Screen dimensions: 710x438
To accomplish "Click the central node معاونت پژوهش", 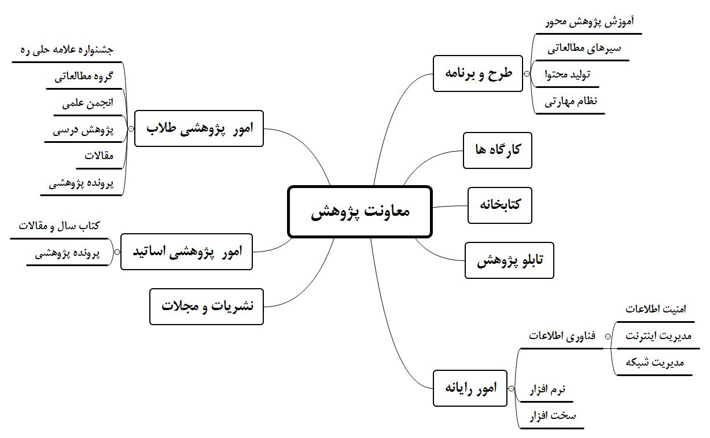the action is coord(360,212).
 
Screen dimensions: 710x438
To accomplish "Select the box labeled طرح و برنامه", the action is coord(477,74).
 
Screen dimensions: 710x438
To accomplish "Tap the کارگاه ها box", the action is coord(497,150).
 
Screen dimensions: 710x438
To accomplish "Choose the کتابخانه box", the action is coord(499,205).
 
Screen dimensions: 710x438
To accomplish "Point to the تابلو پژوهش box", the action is coord(509,260).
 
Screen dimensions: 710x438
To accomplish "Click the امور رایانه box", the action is coord(470,388).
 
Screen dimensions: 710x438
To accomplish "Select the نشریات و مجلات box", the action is coord(207,307).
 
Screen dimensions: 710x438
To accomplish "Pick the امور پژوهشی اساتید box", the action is coord(186,252).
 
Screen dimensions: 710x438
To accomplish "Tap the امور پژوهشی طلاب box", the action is coord(198,128).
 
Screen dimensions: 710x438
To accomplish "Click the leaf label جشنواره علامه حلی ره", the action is coord(67,50).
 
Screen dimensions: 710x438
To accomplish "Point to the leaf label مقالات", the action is coord(99,156).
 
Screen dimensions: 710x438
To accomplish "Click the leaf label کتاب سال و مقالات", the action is coord(59,226).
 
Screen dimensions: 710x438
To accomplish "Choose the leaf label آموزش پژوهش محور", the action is coord(590,21).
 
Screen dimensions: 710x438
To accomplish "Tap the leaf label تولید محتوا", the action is coord(568,75).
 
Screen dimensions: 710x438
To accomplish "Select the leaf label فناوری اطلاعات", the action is coord(562,336).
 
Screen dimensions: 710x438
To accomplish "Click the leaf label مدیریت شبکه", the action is coord(654,363).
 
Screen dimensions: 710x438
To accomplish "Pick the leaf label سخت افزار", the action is coord(553,415).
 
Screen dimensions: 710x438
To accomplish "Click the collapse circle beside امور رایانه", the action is coord(512,389).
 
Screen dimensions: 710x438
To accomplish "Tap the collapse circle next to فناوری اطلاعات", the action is coord(608,337).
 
